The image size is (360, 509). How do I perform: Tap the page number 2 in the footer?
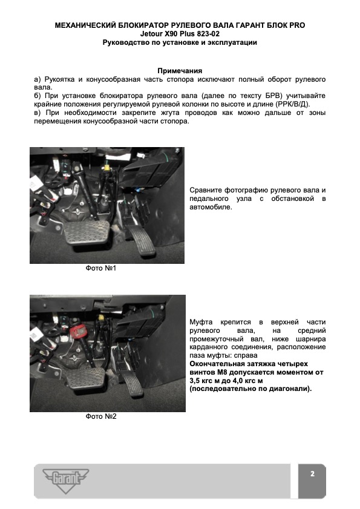[312, 474]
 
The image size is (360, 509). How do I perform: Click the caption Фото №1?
[101, 268]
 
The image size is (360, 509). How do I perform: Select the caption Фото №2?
[101, 416]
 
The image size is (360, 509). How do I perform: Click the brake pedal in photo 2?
[85, 378]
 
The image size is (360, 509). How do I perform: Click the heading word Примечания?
[180, 71]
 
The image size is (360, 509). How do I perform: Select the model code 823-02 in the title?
[208, 34]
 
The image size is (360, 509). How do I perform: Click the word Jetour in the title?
[151, 34]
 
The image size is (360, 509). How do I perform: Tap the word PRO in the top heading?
[296, 25]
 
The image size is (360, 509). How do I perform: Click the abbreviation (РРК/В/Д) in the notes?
[292, 104]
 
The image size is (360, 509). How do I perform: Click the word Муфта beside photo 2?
[201, 323]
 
